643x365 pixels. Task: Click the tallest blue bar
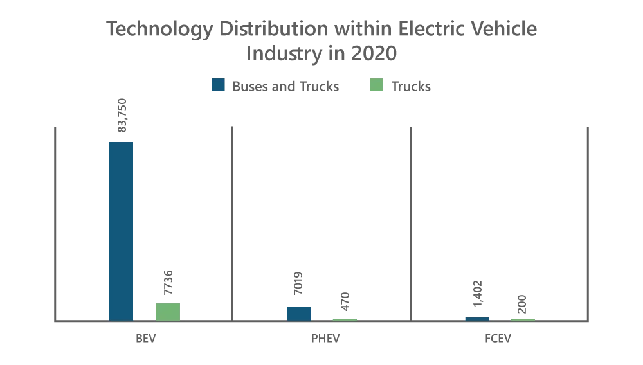(121, 229)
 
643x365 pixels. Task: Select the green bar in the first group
(167, 312)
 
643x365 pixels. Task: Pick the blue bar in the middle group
(298, 312)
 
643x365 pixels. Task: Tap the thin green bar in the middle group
(345, 319)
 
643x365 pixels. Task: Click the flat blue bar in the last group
(478, 317)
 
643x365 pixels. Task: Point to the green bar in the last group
(522, 319)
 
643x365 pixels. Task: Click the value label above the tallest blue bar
(121, 116)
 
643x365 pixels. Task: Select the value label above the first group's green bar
(167, 283)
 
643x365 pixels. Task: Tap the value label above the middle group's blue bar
(298, 283)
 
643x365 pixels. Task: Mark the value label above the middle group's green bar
(345, 301)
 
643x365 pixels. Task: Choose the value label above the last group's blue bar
(478, 293)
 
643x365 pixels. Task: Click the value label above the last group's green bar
(522, 303)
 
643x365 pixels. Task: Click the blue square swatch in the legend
(219, 85)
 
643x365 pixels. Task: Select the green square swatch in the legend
(376, 85)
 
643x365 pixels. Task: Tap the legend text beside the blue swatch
(285, 85)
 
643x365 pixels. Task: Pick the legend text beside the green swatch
(412, 85)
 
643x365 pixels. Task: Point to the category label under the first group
(145, 339)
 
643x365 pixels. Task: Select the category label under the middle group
(325, 339)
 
